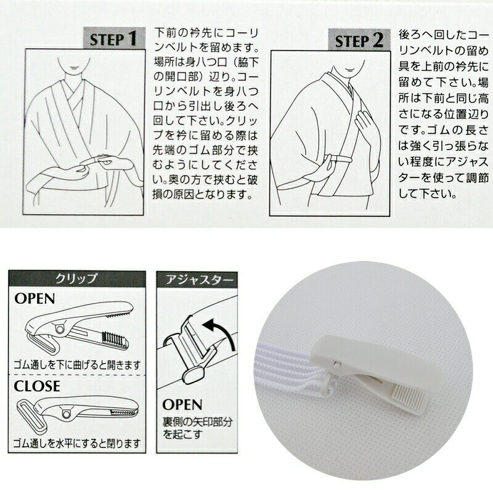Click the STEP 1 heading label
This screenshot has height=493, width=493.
[114, 38]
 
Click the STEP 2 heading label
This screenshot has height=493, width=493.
[359, 40]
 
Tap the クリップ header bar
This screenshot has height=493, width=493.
[77, 279]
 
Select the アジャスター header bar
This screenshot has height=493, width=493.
[197, 279]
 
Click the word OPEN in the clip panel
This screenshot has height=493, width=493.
[35, 299]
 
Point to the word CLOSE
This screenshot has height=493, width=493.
[37, 386]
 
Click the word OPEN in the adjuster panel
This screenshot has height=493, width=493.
[182, 405]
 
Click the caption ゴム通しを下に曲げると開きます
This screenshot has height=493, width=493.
[77, 365]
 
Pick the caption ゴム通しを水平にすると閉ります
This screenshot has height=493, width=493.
[76, 443]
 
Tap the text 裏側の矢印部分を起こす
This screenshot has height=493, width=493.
[197, 428]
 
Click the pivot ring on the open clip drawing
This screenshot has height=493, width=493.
[60, 329]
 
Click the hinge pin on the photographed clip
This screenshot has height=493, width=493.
[336, 365]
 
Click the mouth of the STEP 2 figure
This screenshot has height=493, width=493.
[349, 68]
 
